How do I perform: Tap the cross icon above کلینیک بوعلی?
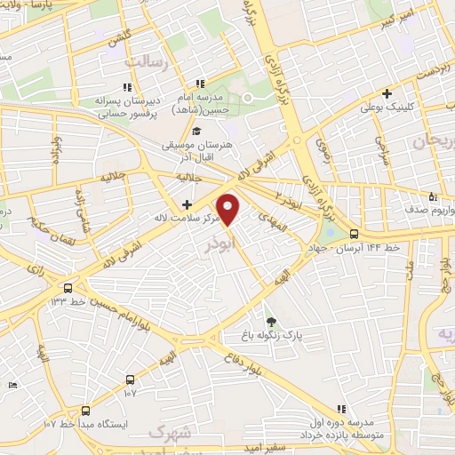tap(386, 92)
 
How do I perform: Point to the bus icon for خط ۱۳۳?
tap(68, 288)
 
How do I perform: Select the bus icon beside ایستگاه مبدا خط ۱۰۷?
tap(85, 411)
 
